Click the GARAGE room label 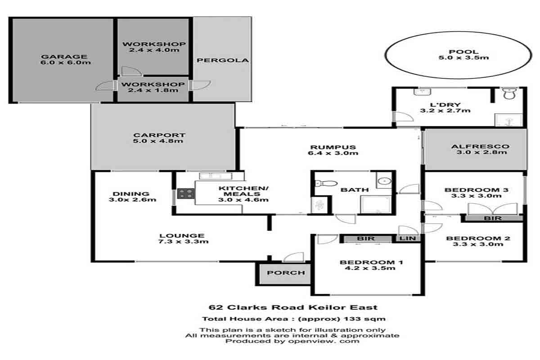[x=64, y=57]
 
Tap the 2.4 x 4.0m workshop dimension [x=154, y=50]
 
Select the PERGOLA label [x=222, y=60]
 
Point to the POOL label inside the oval [x=463, y=52]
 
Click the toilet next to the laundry [x=509, y=94]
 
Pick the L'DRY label [x=445, y=105]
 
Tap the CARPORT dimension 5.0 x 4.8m [x=158, y=141]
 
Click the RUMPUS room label [x=333, y=147]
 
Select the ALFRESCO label [x=480, y=146]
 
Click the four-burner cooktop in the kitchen [x=186, y=193]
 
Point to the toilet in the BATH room [x=326, y=184]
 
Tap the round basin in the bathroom [x=384, y=181]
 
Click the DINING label [x=131, y=194]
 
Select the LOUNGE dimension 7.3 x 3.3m [x=183, y=241]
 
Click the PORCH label [x=286, y=273]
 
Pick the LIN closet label [x=408, y=238]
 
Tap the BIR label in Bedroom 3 [x=493, y=218]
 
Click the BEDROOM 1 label [x=371, y=262]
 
